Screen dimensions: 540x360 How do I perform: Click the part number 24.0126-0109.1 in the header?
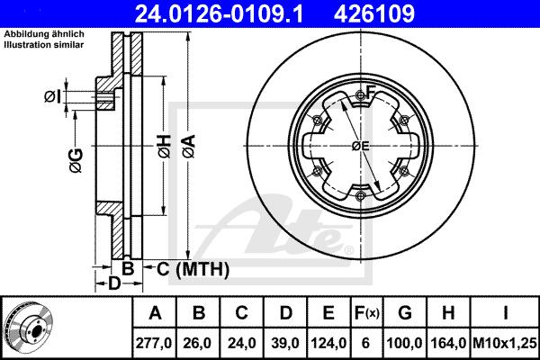pos(219,13)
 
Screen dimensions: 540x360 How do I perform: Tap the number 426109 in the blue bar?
pos(374,13)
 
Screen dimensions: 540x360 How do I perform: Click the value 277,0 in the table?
pos(154,343)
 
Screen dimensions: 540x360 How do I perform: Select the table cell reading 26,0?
pos(198,343)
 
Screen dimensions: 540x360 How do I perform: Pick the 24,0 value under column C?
pos(241,343)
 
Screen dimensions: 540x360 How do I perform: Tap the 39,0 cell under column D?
pos(285,343)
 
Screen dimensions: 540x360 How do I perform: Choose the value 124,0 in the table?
pos(328,343)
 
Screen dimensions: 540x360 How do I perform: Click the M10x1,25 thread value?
pos(505,343)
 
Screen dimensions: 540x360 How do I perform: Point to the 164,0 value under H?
pos(448,343)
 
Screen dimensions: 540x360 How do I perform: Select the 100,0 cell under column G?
pos(405,343)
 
